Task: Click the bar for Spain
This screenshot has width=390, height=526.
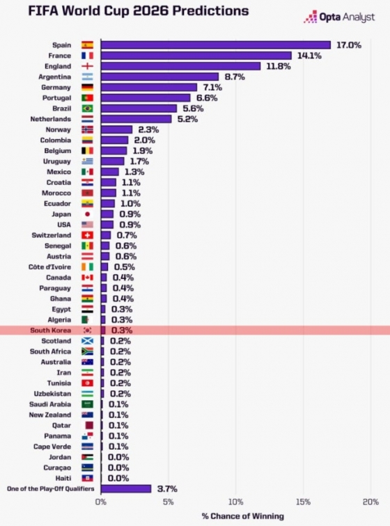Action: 216,45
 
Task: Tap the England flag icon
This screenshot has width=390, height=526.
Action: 87,66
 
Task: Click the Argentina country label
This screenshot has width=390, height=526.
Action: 55,77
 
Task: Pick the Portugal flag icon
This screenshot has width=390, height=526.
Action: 87,98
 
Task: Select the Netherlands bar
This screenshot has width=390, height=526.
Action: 136,119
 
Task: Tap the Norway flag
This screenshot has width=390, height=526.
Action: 87,129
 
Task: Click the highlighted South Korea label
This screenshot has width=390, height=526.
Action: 51,330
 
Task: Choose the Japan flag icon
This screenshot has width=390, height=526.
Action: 87,214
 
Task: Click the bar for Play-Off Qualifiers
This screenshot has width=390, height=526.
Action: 126,489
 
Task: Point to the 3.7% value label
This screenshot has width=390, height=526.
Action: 166,489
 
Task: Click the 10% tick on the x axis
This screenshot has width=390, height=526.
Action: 235,502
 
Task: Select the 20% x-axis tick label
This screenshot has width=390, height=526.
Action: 370,502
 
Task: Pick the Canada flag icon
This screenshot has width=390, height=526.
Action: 87,278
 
